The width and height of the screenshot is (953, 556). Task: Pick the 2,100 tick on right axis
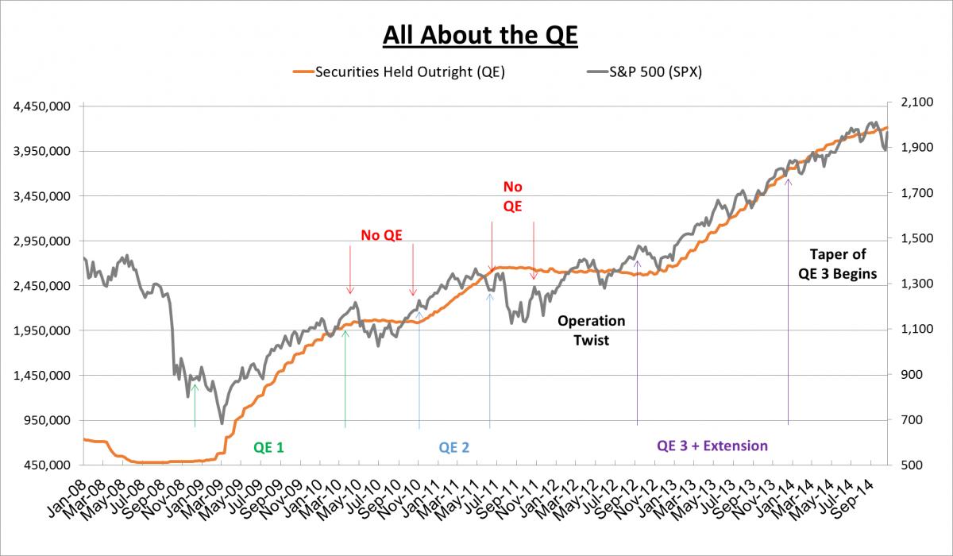(909, 103)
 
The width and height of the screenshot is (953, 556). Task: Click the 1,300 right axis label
(909, 284)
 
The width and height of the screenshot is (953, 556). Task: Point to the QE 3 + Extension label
(712, 446)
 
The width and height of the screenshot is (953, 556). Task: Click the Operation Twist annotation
(591, 330)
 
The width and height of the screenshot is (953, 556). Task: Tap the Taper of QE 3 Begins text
(837, 264)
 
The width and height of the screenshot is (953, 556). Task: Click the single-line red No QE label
(381, 234)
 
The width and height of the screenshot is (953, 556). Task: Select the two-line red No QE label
(513, 196)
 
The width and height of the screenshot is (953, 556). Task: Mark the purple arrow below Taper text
(788, 302)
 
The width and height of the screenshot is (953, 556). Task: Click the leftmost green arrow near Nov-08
(195, 405)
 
